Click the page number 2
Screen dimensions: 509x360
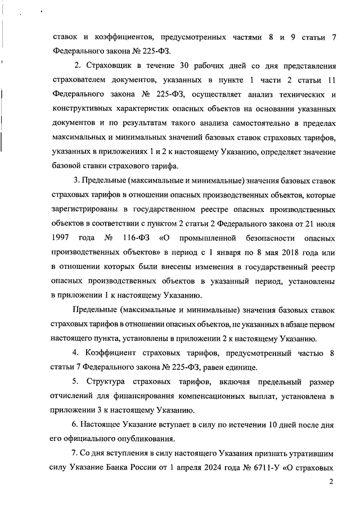click(x=331, y=481)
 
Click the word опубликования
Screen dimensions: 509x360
click(x=137, y=438)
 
